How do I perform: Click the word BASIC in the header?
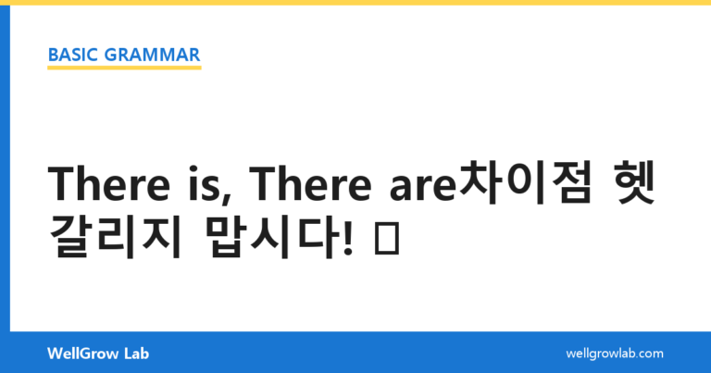point(72,55)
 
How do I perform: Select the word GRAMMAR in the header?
point(153,55)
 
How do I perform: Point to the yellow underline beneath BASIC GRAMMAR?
point(124,68)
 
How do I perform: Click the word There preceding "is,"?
point(109,184)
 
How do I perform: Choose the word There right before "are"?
point(311,184)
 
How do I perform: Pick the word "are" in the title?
point(422,189)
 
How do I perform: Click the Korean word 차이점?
point(526,182)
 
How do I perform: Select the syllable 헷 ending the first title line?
point(632,182)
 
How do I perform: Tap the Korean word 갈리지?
point(116,236)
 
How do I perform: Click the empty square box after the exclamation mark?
point(387,238)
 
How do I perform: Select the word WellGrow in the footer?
point(82,354)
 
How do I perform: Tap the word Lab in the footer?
point(136,354)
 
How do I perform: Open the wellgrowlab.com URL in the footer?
point(615,354)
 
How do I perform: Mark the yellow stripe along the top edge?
point(355,2)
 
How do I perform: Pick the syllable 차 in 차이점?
point(480,182)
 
